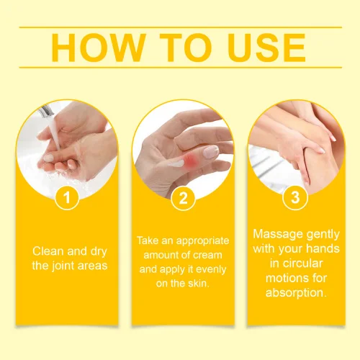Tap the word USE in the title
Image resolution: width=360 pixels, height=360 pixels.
click(267, 48)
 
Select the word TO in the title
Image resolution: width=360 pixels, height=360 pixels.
click(186, 48)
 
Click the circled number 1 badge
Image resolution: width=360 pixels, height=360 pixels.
click(67, 197)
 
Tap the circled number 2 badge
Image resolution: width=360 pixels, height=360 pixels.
click(183, 198)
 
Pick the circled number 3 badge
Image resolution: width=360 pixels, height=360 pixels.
click(295, 197)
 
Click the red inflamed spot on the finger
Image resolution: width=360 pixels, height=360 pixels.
click(189, 158)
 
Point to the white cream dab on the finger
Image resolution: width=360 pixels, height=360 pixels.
click(176, 163)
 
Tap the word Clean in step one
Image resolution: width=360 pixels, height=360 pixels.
click(48, 251)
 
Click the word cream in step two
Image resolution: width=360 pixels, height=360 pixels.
click(207, 255)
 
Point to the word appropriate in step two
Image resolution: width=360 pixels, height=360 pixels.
click(202, 241)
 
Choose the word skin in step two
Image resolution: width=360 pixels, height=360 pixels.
click(199, 284)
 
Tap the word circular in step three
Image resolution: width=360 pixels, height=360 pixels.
click(302, 264)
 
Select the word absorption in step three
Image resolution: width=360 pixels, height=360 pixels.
click(296, 293)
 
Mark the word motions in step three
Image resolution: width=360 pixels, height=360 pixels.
click(283, 278)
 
